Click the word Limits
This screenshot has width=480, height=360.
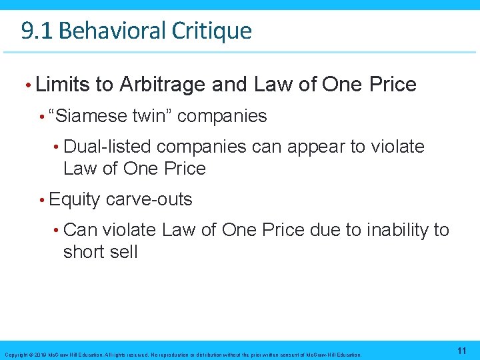[63, 85]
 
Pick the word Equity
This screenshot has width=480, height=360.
[75, 199]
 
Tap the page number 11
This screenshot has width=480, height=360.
[461, 350]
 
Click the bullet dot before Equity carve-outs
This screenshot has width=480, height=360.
[42, 200]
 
